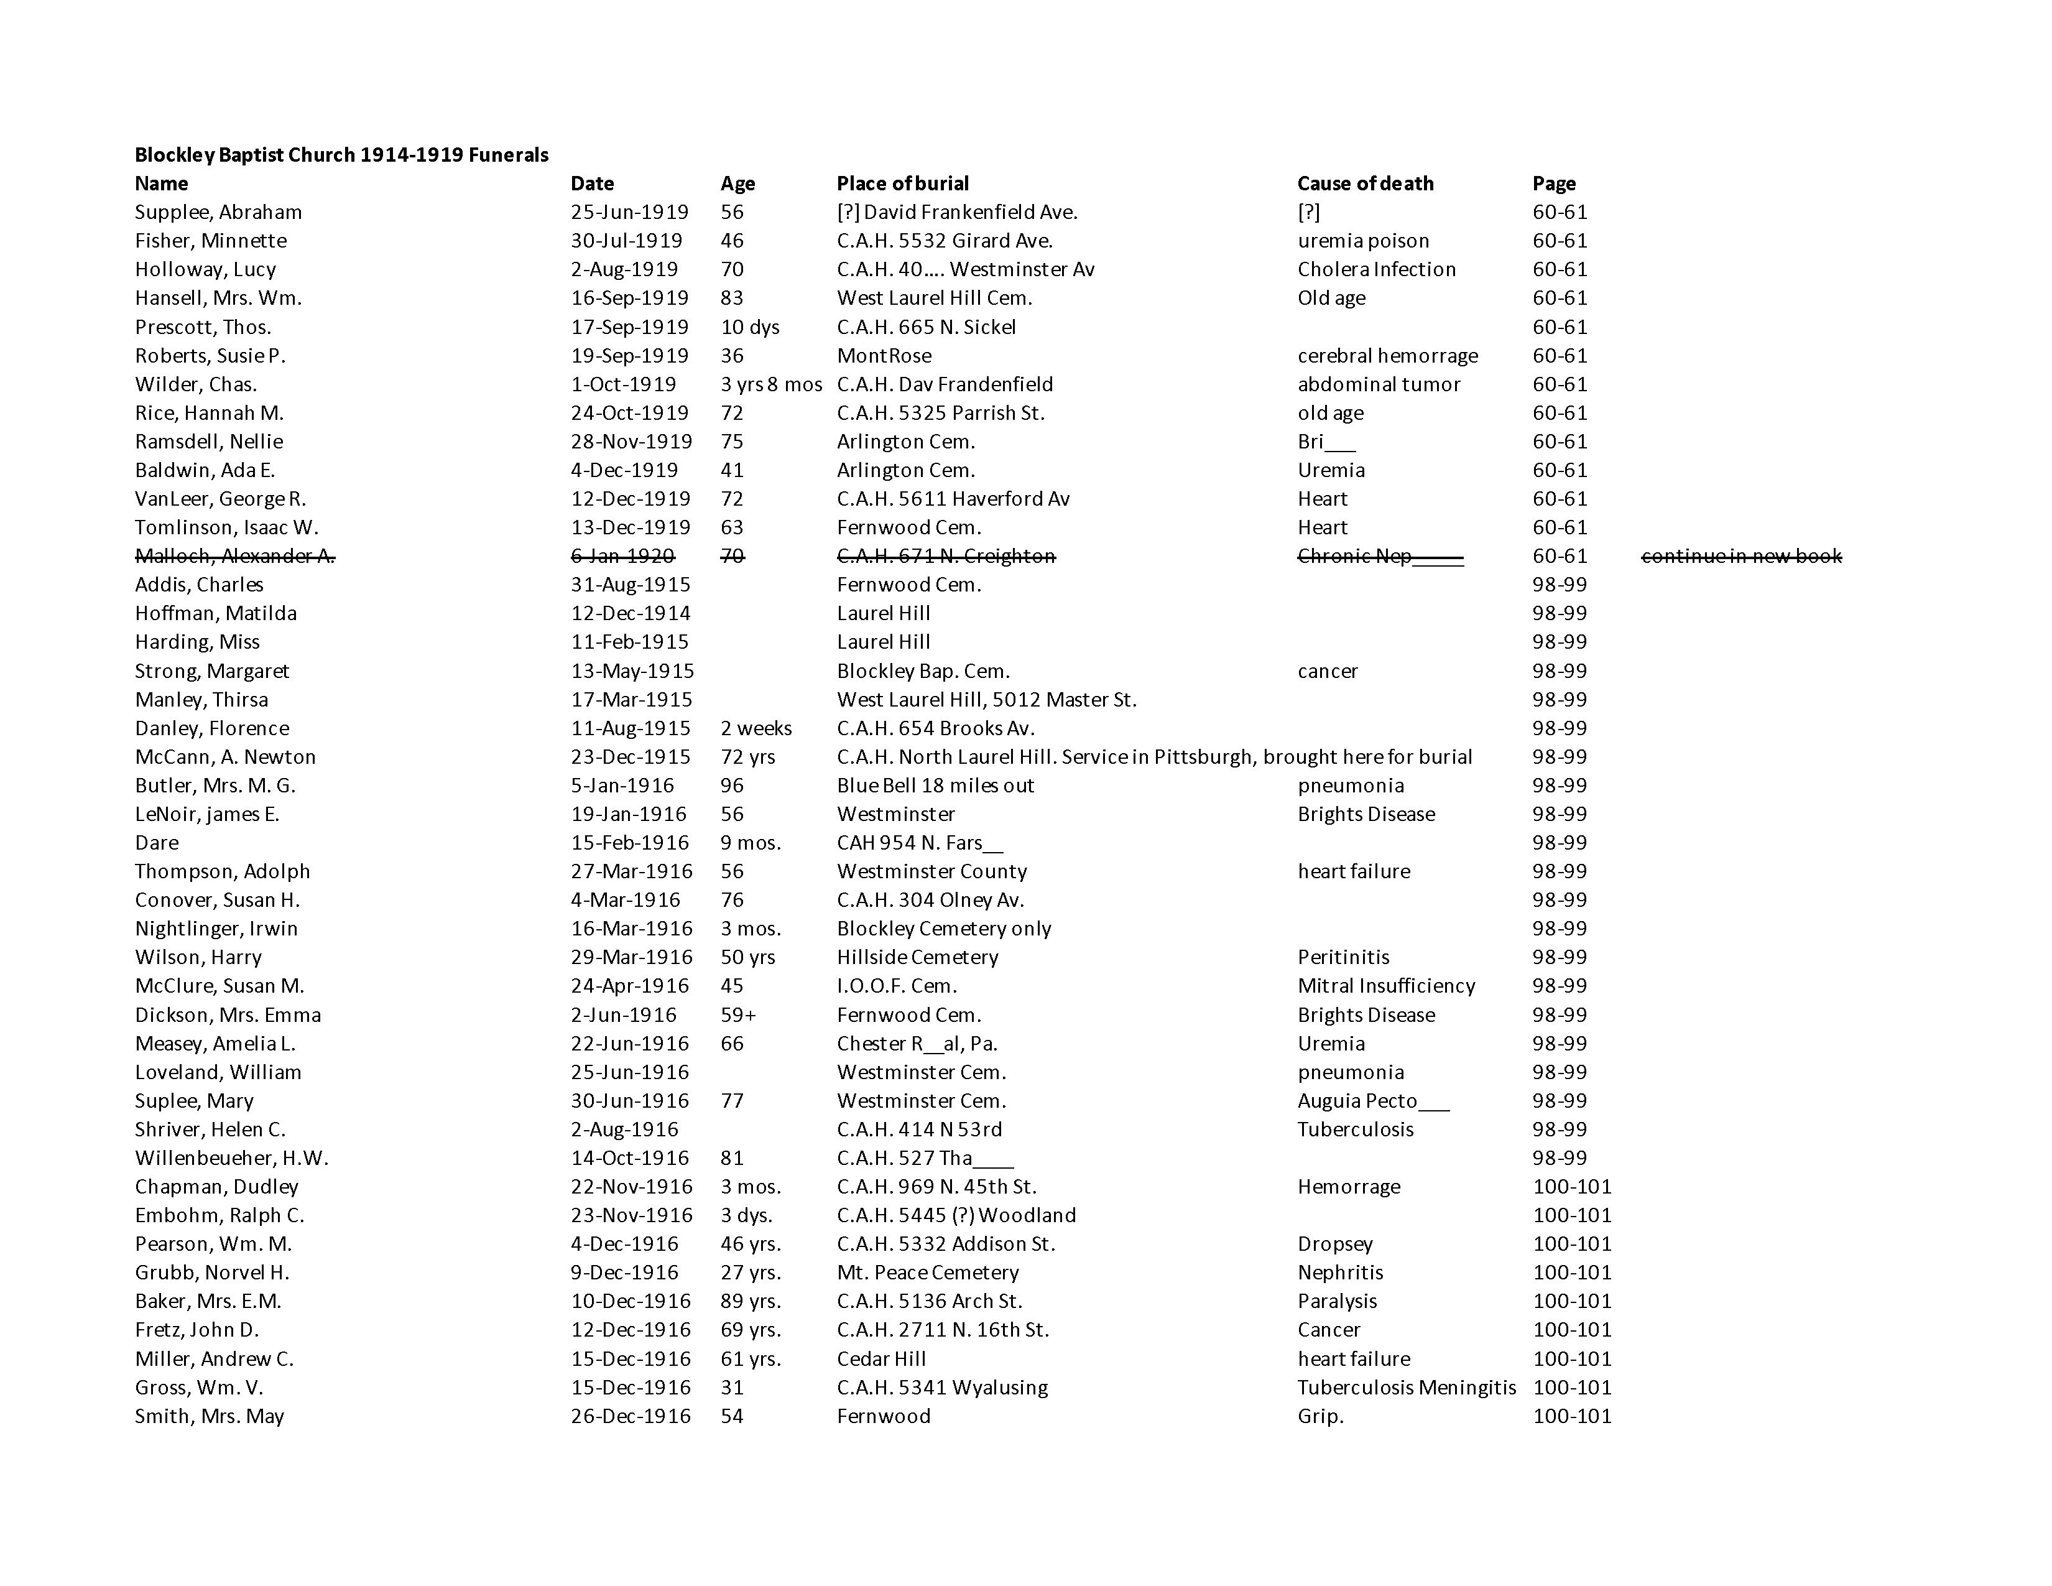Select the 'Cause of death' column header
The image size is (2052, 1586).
(x=1365, y=183)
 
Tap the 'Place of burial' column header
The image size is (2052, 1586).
(x=902, y=183)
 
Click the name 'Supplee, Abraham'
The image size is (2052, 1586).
(x=218, y=212)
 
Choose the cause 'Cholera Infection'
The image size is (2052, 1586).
(x=1377, y=270)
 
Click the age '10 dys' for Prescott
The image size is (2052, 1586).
(x=750, y=327)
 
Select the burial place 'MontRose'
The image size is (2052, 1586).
(x=884, y=356)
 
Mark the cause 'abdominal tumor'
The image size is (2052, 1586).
(x=1379, y=384)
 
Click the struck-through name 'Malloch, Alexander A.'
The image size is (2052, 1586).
(x=235, y=556)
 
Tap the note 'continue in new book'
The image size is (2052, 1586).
(x=1741, y=556)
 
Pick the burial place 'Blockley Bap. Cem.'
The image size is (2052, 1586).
(x=923, y=671)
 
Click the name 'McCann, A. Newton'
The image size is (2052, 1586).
(x=226, y=758)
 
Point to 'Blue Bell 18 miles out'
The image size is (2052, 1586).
(x=935, y=786)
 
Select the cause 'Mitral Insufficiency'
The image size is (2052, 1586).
(x=1386, y=986)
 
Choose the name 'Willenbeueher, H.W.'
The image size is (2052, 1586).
(x=231, y=1159)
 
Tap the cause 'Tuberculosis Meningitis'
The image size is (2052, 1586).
(x=1407, y=1388)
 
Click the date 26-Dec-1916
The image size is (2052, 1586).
(x=631, y=1416)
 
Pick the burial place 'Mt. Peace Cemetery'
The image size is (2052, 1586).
(x=927, y=1273)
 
